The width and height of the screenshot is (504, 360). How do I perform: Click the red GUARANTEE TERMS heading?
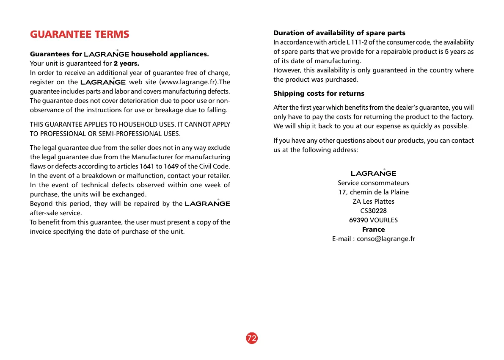pos(80,34)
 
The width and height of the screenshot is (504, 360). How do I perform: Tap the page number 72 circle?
pos(252,338)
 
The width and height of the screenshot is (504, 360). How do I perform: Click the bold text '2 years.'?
pos(127,64)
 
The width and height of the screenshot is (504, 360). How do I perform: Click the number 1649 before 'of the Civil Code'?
pos(171,166)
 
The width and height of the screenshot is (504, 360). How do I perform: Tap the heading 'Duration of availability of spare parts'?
pos(339,33)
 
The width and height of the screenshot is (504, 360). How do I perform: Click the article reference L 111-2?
pos(357,42)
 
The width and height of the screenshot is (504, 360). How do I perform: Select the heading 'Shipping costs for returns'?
pos(319,94)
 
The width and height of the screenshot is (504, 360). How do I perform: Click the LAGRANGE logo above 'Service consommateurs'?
pos(374,173)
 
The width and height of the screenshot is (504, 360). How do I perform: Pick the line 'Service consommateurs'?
pos(374,183)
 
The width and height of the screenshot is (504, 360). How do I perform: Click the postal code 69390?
pos(358,220)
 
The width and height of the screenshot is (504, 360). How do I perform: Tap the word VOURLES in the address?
pos(384,220)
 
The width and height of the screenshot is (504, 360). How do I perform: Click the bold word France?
pos(374,230)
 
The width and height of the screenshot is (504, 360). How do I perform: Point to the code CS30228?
pos(374,211)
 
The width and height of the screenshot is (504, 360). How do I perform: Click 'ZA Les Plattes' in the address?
pos(374,202)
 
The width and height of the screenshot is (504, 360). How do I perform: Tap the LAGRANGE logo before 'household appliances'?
pos(107,55)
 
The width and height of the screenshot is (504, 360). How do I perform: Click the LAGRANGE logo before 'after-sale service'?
pos(207,204)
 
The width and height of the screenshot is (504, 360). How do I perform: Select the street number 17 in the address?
pos(342,192)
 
